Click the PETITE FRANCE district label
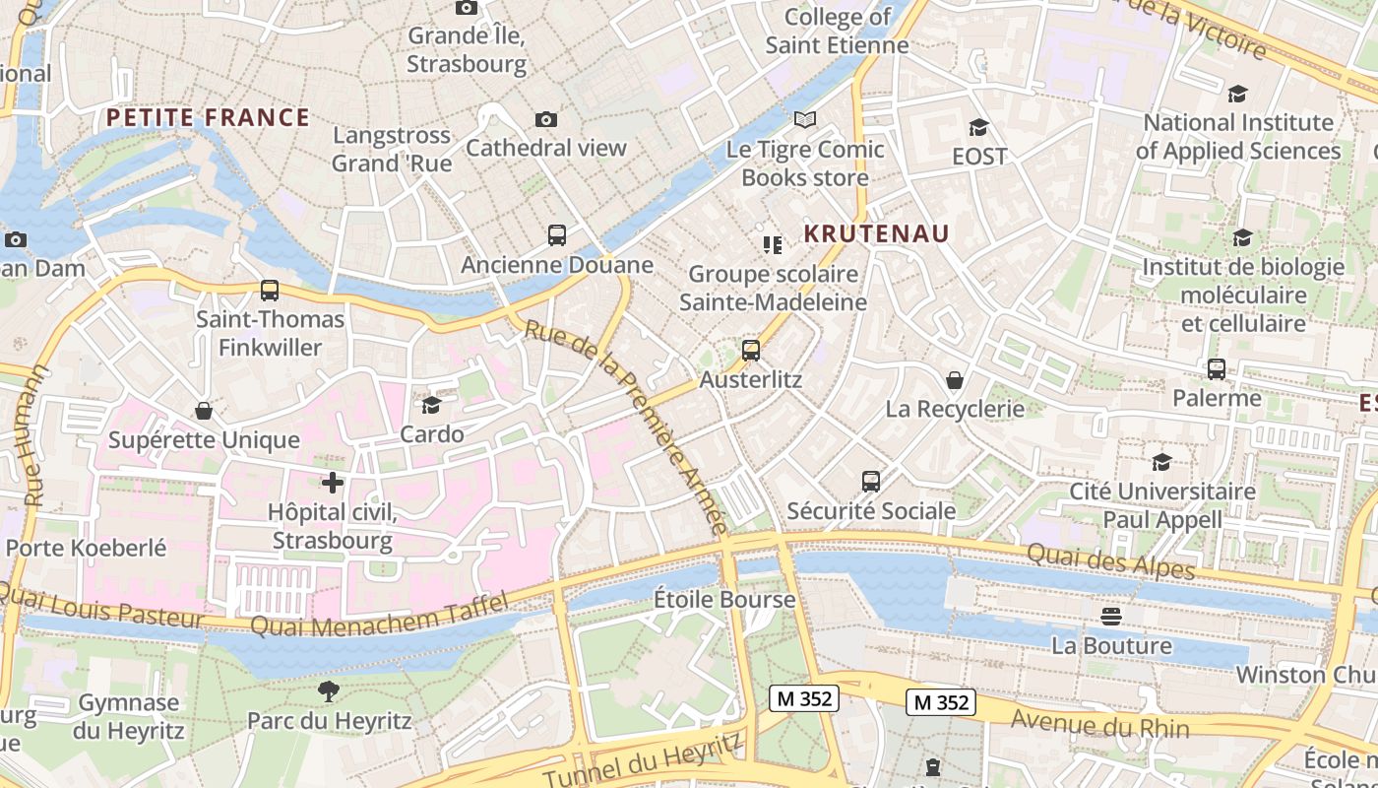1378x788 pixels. pos(208,118)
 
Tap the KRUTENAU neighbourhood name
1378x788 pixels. pos(876,233)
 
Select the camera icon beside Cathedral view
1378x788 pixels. pos(546,119)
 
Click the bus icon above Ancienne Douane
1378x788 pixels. pos(557,235)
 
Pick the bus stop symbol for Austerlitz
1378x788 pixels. pos(751,351)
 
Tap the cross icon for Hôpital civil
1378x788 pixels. pos(333,483)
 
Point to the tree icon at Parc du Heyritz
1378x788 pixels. pos(329,691)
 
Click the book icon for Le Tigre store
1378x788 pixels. pos(805,120)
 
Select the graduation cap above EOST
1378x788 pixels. pos(979,127)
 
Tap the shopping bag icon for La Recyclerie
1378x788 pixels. pos(955,379)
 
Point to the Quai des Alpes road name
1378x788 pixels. pos(1110,561)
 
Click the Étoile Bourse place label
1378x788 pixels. pos(724,599)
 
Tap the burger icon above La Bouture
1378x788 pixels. pos(1111,617)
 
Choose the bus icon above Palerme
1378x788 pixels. pos(1217,369)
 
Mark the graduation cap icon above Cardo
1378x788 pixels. pos(431,405)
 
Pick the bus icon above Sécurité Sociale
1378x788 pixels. pos(871,482)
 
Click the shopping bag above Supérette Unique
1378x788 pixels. pos(204,410)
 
